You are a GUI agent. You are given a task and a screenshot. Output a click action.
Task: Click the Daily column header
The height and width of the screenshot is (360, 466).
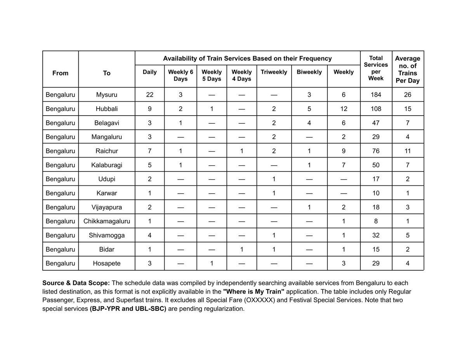point(150,72)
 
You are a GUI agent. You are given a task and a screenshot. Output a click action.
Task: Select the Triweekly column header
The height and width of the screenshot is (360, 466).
point(274,72)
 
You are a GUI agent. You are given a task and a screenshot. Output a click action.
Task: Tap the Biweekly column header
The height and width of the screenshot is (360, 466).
point(309,72)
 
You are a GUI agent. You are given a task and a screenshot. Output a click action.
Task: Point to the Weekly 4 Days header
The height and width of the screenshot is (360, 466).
point(242,75)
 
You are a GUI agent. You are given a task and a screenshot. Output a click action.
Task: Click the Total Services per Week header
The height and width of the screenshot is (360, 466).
point(376,68)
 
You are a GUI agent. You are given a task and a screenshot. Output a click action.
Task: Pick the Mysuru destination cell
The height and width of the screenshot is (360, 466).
point(106,95)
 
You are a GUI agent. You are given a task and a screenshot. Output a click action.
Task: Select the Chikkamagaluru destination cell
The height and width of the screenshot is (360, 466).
point(106,221)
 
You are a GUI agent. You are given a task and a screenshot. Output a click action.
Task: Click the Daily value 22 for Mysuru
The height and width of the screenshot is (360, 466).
point(150,95)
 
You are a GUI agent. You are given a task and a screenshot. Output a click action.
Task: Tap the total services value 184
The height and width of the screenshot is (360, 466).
point(376,95)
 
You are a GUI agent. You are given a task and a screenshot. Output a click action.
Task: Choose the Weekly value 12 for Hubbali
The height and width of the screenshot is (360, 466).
point(344,109)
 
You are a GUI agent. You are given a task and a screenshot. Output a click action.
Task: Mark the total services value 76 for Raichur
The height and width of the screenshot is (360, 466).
point(376,151)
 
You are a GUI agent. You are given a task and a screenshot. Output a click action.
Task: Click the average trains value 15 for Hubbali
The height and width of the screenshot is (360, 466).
point(408,109)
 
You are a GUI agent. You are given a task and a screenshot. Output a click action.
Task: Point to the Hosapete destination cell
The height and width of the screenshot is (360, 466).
point(106,263)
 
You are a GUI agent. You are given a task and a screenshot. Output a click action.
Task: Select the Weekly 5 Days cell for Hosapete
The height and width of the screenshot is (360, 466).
point(211,263)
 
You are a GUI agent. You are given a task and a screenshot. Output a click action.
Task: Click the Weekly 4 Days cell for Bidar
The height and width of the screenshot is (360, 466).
point(242,249)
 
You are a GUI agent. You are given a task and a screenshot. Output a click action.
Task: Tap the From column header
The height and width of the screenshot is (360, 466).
point(60,73)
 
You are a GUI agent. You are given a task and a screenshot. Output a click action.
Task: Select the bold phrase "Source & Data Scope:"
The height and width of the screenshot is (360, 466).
point(76,283)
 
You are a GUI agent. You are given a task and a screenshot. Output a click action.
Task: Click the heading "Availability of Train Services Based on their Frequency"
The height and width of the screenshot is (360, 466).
point(247,59)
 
